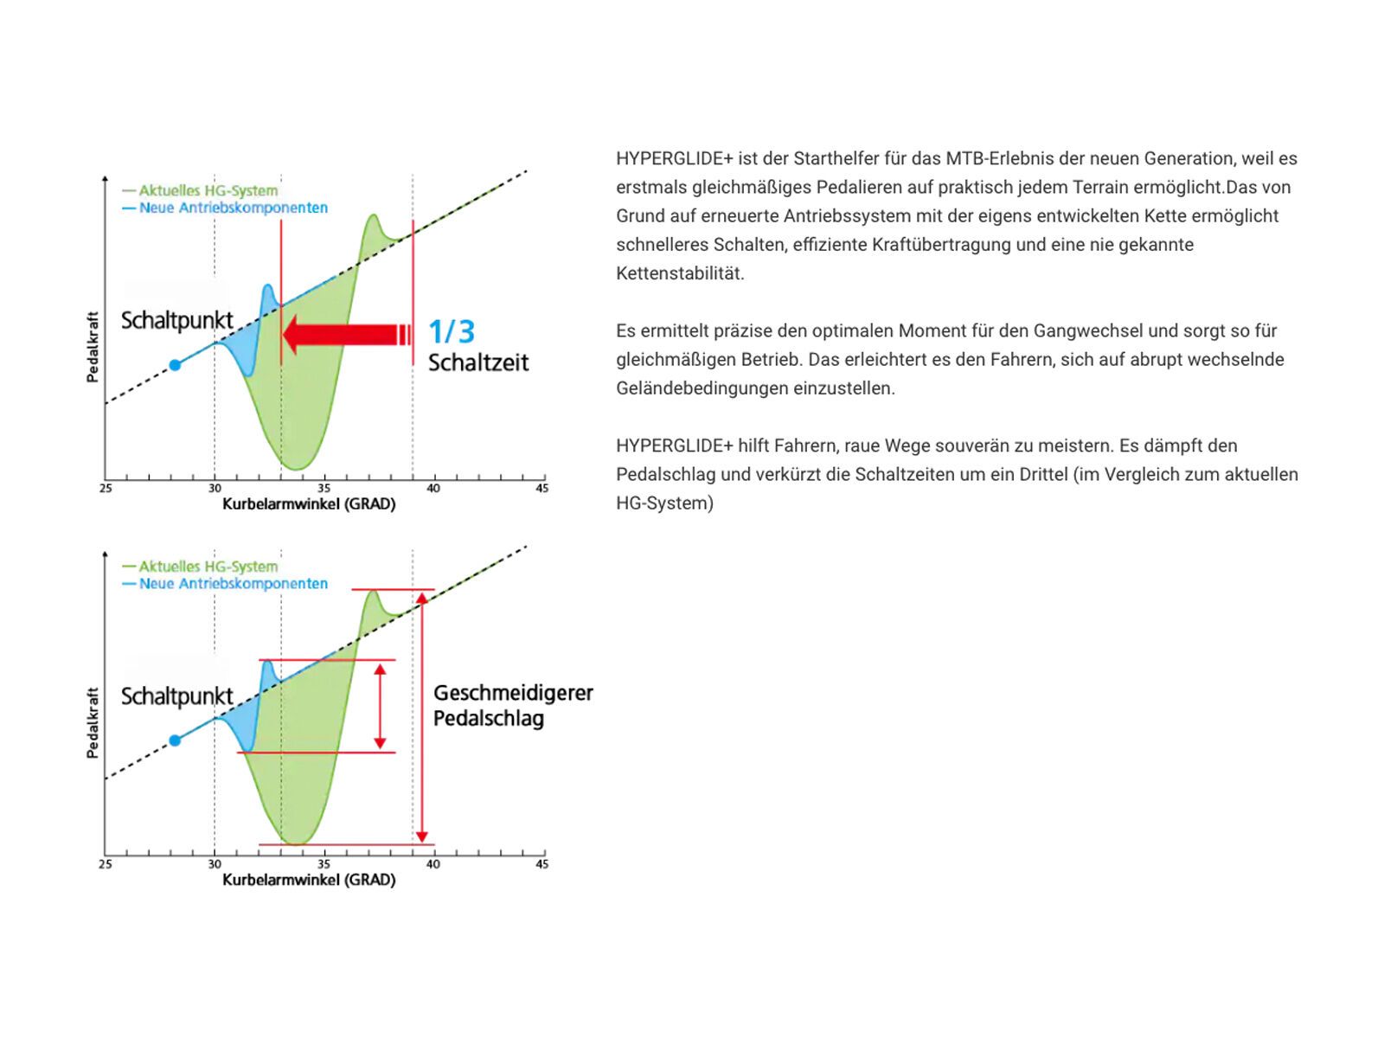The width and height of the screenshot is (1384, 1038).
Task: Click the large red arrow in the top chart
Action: point(346,335)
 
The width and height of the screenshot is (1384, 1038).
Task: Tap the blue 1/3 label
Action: point(452,332)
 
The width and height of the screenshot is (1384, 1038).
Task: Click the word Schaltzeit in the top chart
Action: point(478,362)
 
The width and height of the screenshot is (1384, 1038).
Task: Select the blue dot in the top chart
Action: point(175,365)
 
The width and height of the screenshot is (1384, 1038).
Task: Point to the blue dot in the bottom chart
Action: point(175,740)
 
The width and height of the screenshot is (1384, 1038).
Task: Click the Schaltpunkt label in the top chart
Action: point(176,320)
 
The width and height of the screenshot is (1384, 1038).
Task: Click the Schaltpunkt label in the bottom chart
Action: point(176,696)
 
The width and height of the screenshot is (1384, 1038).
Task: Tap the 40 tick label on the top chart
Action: point(432,489)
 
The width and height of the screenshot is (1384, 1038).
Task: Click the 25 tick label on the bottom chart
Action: point(106,864)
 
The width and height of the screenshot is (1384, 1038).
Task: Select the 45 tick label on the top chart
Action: point(541,489)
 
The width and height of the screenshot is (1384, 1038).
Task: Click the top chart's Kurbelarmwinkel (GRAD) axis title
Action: point(309,504)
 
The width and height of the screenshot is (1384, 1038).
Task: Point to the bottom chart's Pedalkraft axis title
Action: point(93,723)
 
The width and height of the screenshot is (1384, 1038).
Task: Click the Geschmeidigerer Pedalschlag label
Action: point(512,706)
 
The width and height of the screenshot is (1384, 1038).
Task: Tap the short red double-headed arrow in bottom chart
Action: point(380,706)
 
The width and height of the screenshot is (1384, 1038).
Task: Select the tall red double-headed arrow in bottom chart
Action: point(422,716)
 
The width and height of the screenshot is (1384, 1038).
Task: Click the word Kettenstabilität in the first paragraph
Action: point(680,273)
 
